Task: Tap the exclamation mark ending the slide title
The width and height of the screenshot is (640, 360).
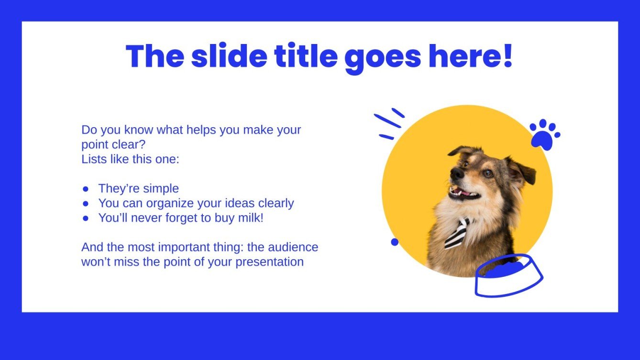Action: tap(507, 56)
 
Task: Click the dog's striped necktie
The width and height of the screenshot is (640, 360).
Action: tap(456, 233)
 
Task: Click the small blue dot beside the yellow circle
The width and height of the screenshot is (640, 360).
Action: tap(395, 242)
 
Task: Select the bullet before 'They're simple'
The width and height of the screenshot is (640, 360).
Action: tap(86, 189)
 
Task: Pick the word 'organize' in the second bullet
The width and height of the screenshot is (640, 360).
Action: tap(170, 203)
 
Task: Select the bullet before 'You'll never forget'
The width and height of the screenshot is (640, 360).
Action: tap(86, 218)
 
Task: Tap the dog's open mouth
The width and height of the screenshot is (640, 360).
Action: tap(463, 194)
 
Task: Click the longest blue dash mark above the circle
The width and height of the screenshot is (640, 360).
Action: tap(387, 121)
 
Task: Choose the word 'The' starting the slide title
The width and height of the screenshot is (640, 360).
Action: tap(154, 56)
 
